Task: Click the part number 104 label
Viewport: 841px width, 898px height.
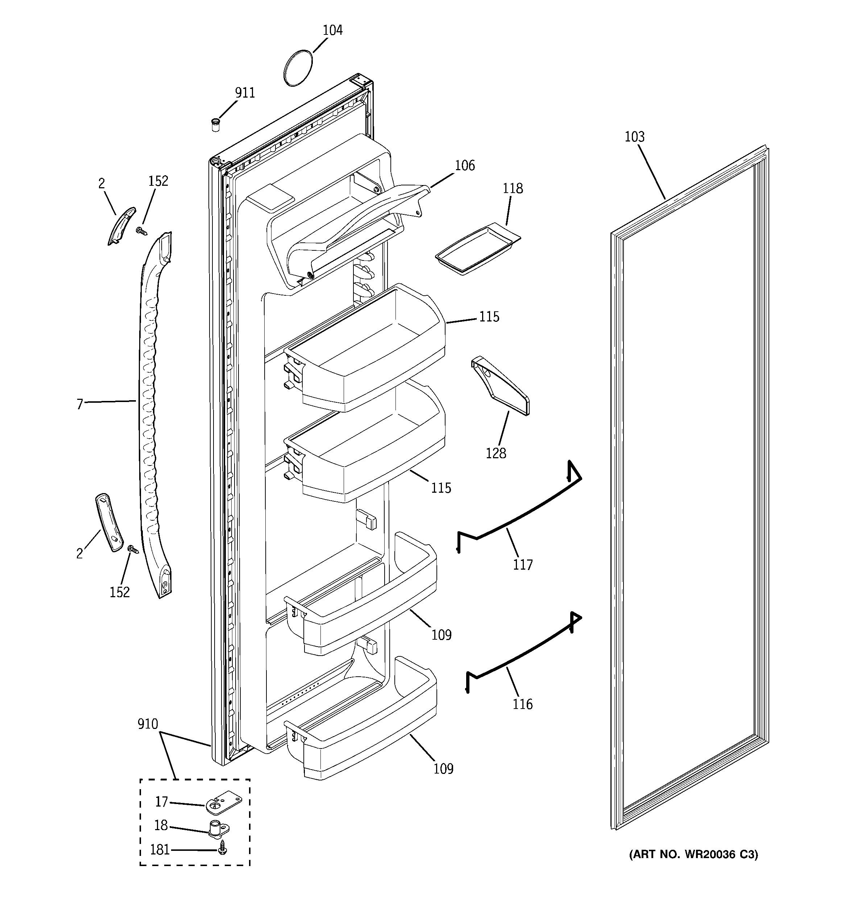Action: pos(332,30)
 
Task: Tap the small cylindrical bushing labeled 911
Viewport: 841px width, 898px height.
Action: pos(216,125)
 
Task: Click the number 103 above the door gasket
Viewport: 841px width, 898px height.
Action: pos(634,137)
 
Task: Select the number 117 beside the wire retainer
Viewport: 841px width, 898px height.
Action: pos(522,565)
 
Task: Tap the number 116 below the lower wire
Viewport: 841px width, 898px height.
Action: pos(522,704)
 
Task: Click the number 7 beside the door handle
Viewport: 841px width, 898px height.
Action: pos(79,404)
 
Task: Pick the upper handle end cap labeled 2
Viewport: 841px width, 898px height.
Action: pos(121,226)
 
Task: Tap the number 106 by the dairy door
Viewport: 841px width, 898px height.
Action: pos(464,165)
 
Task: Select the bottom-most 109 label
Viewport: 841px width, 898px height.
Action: pos(443,769)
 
